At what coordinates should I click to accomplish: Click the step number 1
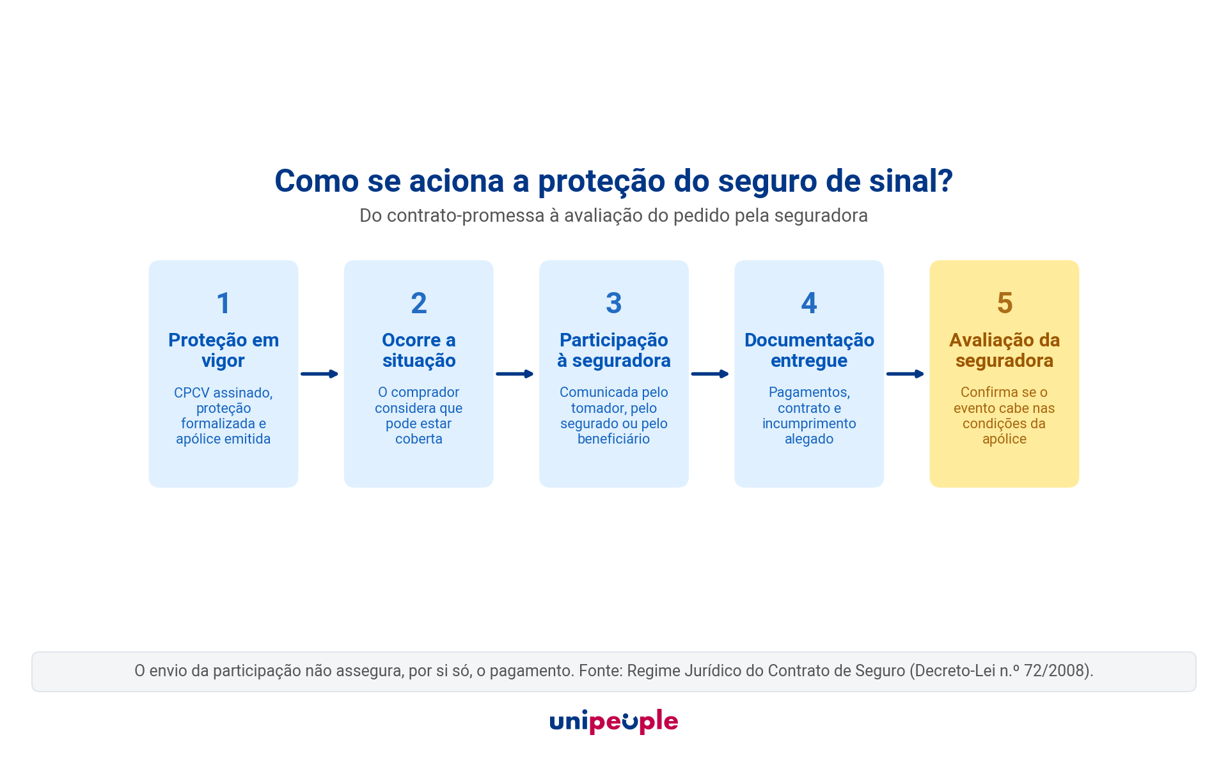point(223,303)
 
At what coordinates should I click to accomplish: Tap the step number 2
point(419,303)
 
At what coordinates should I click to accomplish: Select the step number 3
point(614,303)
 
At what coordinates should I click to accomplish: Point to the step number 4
point(809,303)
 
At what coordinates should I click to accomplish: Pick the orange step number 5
point(1005,303)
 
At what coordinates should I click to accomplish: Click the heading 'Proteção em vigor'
point(223,350)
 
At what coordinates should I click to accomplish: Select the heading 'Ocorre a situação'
point(419,350)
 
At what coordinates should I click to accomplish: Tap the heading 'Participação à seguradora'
point(614,350)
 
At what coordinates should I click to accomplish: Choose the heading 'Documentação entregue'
point(809,350)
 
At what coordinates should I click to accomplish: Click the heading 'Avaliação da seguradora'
point(1005,350)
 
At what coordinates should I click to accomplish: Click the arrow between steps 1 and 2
point(319,374)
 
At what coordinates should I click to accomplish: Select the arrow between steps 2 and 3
point(515,374)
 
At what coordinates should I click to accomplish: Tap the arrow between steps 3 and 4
point(710,374)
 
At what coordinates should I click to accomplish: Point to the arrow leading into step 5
point(905,374)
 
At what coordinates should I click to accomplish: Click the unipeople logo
point(614,722)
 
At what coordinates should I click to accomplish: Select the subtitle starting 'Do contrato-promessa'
point(614,216)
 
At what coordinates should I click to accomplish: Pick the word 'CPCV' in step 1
point(192,393)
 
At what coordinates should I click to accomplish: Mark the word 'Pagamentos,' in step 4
point(809,393)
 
